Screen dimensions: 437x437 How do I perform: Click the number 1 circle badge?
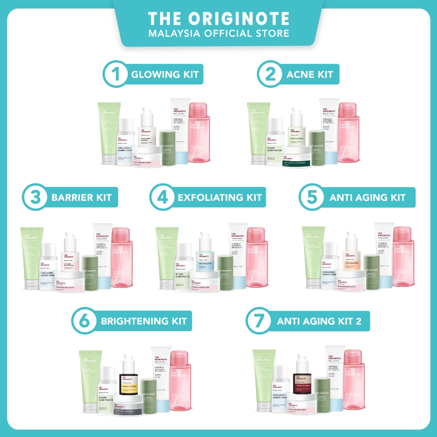tap(114, 74)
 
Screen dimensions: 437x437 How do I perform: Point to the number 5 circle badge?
tap(310, 197)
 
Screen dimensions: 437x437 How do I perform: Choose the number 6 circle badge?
tap(85, 320)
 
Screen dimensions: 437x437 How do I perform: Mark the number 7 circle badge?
tap(258, 320)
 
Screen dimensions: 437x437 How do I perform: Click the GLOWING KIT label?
tap(165, 74)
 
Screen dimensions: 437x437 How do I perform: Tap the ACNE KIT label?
tap(310, 74)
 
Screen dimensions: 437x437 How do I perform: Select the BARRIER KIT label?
tap(81, 198)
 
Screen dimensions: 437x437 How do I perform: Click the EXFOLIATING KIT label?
tap(219, 198)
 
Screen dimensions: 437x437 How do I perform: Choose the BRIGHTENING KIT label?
tap(144, 321)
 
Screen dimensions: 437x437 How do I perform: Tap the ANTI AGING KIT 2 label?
tap(319, 321)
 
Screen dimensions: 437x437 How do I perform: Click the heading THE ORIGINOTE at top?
tap(218, 19)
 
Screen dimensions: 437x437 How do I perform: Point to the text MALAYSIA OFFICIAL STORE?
tap(218, 33)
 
